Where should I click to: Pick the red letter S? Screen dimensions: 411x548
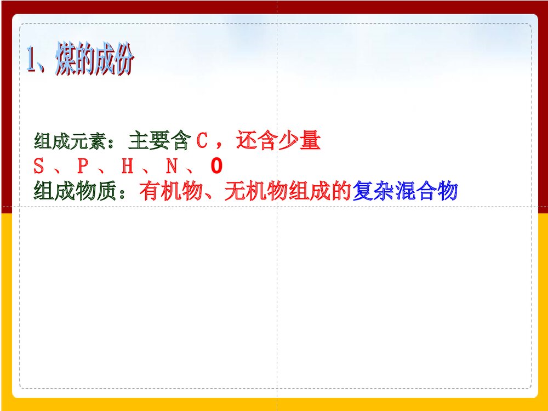point(38,166)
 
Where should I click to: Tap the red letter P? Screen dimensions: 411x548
point(83,166)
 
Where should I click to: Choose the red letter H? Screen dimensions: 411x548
point(127,166)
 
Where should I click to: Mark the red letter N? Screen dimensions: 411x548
point(172,166)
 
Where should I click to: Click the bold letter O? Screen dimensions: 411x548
point(215,166)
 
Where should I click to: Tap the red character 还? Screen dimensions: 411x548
point(246,142)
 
